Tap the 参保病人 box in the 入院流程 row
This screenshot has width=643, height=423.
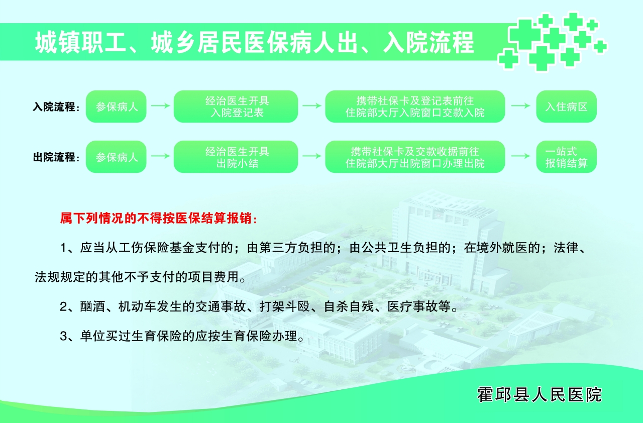116,107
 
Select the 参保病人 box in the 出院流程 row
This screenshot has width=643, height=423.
116,157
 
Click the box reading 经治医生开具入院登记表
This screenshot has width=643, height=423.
236,107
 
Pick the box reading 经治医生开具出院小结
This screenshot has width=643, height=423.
236,157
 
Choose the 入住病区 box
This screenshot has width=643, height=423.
566,107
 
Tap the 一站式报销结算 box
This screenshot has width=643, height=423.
566,157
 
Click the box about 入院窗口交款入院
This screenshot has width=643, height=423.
415,107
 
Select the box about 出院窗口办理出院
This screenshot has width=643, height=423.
415,157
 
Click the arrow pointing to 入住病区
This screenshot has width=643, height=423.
520,106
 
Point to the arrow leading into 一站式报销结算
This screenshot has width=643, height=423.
520,156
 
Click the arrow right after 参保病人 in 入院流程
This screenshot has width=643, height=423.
160,106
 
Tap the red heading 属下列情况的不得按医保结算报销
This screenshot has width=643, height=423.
159,219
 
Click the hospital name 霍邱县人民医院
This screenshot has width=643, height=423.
540,395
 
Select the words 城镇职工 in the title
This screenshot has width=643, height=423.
81,43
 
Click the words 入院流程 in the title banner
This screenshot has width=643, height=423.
428,43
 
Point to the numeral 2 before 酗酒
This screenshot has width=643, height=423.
63,307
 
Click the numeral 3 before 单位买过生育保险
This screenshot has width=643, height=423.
63,336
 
